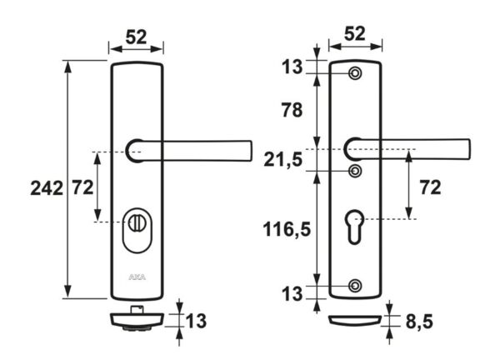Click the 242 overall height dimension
tap(44, 187)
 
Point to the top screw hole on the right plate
tap(356, 75)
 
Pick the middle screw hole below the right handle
tap(356, 171)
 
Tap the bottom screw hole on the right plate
tap(356, 286)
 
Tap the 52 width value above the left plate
tap(137, 36)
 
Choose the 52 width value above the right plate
tap(356, 33)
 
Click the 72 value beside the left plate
tap(80, 187)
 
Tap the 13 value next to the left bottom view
tap(197, 321)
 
